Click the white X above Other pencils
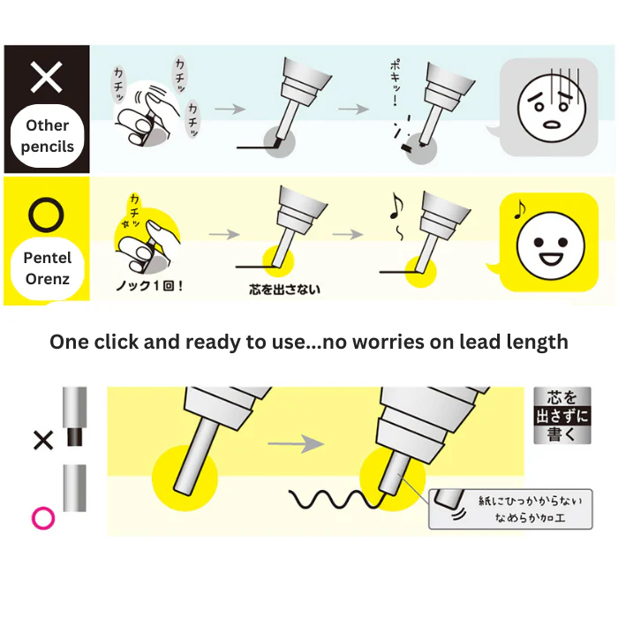tap(46, 77)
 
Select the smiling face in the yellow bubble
tap(551, 246)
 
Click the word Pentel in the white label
tap(48, 258)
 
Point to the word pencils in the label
tap(48, 147)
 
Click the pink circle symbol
tap(43, 518)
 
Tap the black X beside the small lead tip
tap(43, 441)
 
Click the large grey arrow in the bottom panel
tap(296, 444)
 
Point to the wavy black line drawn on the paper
tap(335, 500)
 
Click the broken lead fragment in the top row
tap(406, 147)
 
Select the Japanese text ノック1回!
tap(149, 285)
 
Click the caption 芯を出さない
tap(284, 290)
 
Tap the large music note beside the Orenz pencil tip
tap(396, 206)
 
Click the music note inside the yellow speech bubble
tap(520, 210)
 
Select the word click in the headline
tap(117, 342)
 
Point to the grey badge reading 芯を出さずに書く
tap(562, 416)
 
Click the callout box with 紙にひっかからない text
tap(510, 509)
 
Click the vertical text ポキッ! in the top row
tap(395, 82)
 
